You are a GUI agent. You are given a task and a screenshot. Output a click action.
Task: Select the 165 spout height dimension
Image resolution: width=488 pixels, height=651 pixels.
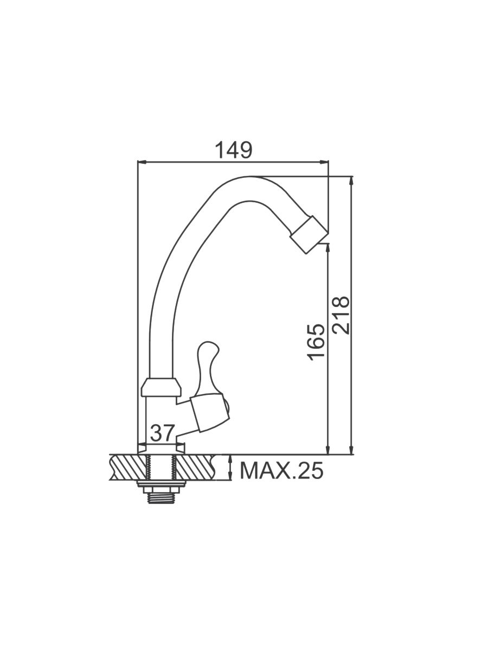pos(316,342)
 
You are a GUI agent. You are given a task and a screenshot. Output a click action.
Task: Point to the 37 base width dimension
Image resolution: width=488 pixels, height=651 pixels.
pos(161,433)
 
